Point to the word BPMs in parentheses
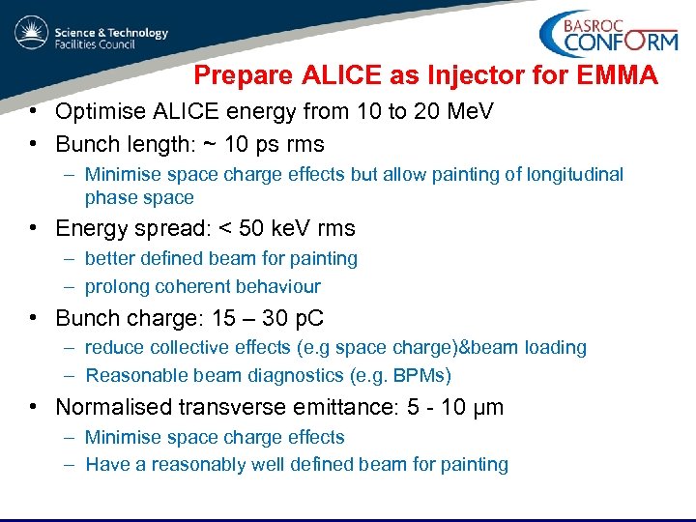pos(420,376)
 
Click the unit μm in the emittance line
pos(486,408)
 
